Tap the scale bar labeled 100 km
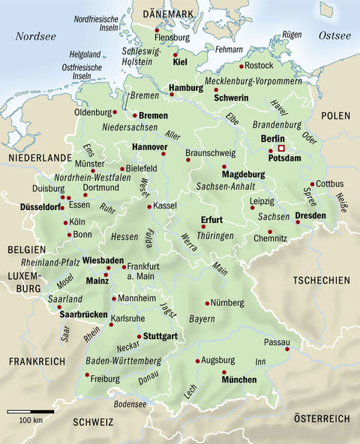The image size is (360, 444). click(31, 412)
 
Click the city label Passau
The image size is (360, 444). click(276, 341)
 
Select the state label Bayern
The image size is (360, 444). click(202, 319)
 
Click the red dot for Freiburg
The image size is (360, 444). click(83, 378)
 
